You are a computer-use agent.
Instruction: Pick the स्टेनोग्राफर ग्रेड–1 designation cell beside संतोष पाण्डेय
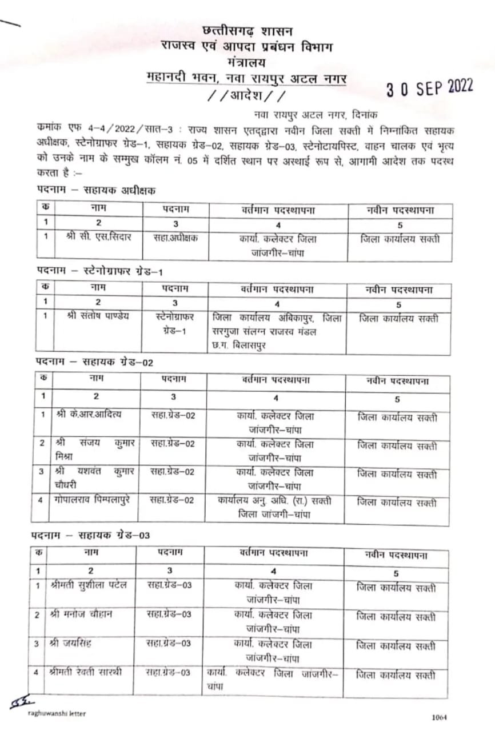pyautogui.click(x=175, y=323)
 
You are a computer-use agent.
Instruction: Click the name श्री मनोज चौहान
pyautogui.click(x=81, y=614)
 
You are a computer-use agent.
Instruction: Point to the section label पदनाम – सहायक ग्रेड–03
pyautogui.click(x=90, y=535)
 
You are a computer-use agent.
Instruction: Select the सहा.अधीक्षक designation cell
pyautogui.click(x=177, y=238)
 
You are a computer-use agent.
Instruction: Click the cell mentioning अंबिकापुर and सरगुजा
pyautogui.click(x=277, y=330)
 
